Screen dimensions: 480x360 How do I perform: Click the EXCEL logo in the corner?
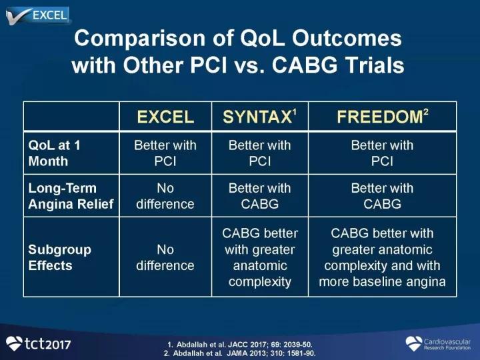coord(38,15)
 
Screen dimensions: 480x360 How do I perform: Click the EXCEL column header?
coord(165,117)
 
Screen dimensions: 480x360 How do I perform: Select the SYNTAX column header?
coord(259,116)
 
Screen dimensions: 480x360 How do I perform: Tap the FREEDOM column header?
coord(383,116)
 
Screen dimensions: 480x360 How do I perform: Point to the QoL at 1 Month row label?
coord(54,153)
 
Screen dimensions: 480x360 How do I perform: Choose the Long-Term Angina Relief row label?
coord(71,196)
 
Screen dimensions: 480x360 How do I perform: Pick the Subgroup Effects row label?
coord(59,257)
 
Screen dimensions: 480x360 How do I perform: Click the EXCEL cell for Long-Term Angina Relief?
coord(165,196)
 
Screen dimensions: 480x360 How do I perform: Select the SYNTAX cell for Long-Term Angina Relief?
coord(259,196)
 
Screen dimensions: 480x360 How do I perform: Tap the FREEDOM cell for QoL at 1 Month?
coord(382,153)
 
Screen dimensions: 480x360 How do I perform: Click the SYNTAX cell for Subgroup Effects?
coord(259,257)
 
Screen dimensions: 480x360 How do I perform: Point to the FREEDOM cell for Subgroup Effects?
coord(382,257)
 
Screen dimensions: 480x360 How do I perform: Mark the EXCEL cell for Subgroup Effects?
coord(165,257)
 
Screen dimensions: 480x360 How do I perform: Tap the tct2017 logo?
coord(38,343)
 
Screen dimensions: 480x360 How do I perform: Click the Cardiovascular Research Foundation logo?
coord(438,344)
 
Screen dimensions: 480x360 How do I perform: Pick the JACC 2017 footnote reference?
coord(240,345)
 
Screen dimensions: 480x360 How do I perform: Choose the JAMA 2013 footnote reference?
coord(240,353)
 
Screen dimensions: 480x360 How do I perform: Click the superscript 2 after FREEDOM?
coord(426,112)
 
